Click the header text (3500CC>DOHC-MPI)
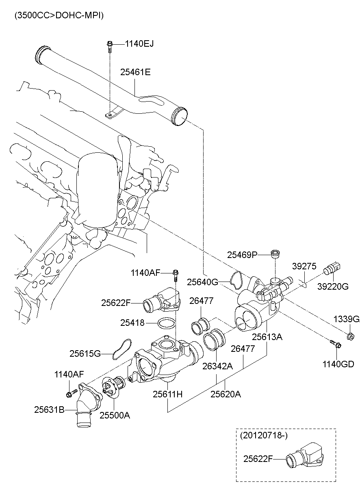[59, 15]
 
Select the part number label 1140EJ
[139, 44]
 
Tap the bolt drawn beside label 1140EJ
[110, 46]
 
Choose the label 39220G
[333, 286]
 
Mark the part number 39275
[304, 266]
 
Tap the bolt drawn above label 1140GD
[336, 345]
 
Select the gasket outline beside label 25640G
[237, 280]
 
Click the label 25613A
[267, 337]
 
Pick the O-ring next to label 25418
[165, 323]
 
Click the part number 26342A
[217, 366]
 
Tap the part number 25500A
[115, 415]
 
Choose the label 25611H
[168, 394]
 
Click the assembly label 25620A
[226, 394]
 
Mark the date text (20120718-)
[264, 436]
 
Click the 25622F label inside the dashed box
[258, 459]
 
